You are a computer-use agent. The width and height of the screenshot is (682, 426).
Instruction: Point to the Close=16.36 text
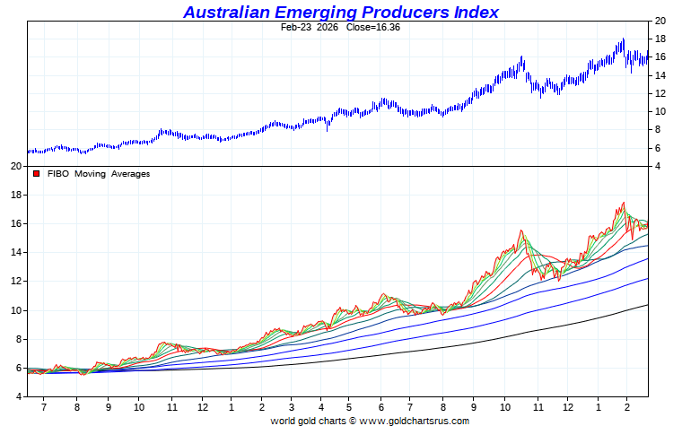point(373,28)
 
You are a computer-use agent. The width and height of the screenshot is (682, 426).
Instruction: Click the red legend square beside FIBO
point(37,174)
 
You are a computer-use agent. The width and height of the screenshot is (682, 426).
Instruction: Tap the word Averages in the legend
point(130,174)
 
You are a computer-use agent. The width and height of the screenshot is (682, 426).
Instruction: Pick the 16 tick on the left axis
point(15,223)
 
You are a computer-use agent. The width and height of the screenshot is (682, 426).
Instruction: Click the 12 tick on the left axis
point(15,282)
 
